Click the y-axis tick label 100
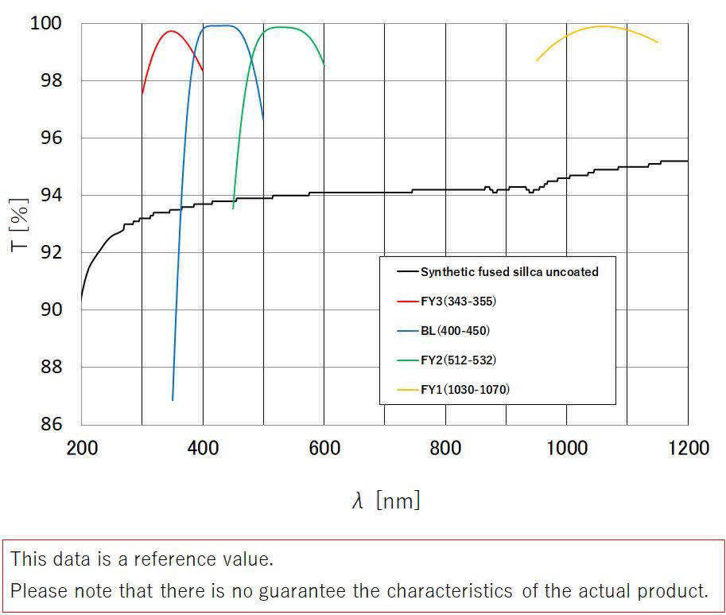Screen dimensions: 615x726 45,24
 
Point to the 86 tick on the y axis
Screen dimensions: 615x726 51,424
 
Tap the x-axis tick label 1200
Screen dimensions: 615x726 687,449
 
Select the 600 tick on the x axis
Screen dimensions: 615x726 324,449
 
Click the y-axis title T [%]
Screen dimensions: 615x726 21,224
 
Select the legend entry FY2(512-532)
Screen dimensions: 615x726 458,360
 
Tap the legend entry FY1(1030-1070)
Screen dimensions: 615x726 465,389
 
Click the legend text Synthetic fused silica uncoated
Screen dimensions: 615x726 509,271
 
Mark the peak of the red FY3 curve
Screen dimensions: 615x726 171,31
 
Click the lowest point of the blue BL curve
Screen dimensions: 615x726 173,400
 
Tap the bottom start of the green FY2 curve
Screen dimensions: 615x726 233,209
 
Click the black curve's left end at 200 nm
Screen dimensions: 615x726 81,300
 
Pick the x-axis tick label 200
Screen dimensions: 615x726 82,449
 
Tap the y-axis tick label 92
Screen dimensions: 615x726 51,252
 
